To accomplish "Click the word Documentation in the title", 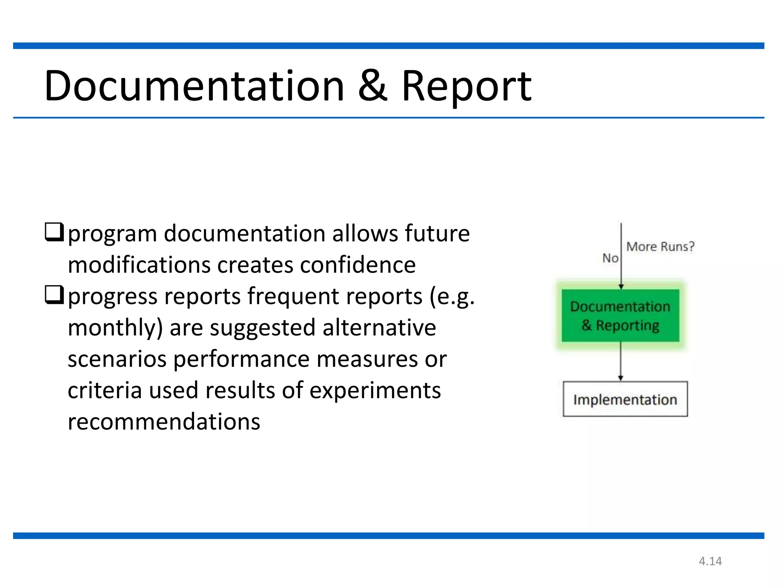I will (194, 87).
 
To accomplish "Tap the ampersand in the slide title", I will (372, 87).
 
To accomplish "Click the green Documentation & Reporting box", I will (620, 315).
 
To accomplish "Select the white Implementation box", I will (625, 399).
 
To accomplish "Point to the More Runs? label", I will (660, 247).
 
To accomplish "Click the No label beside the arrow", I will (610, 258).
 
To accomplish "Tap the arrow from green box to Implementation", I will (621, 362).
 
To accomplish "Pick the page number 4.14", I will (710, 561).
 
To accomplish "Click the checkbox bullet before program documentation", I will (54, 232).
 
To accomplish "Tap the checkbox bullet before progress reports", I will (54, 295).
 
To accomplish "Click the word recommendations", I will (164, 422).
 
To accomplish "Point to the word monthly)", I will (115, 328).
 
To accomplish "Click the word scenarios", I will (117, 359).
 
